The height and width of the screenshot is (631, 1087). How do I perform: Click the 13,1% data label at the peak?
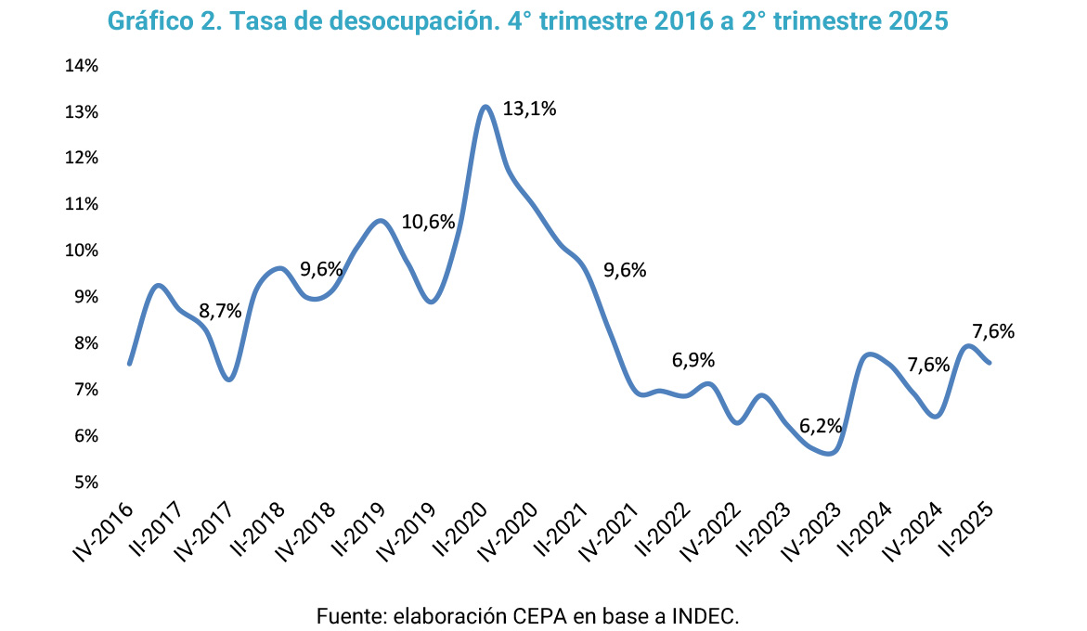(x=529, y=109)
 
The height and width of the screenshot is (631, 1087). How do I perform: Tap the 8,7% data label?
(x=221, y=312)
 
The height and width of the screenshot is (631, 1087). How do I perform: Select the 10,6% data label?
(x=428, y=223)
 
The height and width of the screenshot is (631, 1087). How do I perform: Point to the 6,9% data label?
(x=693, y=361)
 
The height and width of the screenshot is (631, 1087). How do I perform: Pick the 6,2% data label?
(x=822, y=427)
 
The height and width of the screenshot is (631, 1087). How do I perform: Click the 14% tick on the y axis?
(x=82, y=66)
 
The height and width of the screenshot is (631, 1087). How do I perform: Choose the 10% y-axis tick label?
(x=82, y=251)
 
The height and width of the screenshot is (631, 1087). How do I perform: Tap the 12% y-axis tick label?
(x=82, y=158)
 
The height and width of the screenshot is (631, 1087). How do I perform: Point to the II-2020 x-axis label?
(x=461, y=530)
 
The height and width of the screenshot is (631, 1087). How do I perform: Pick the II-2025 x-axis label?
(x=968, y=530)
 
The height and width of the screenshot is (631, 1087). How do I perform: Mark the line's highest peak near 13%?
(x=485, y=107)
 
